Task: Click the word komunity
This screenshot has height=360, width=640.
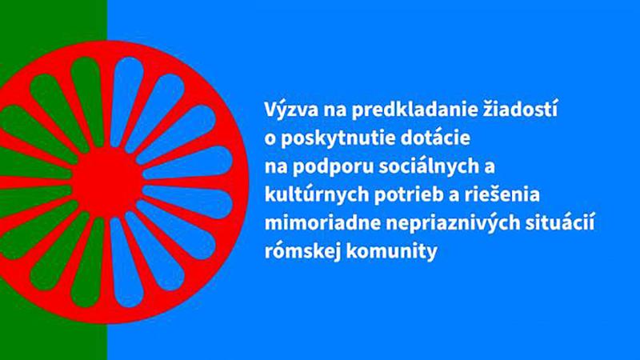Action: [392, 252]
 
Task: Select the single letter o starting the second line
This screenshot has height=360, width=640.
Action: [270, 140]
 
